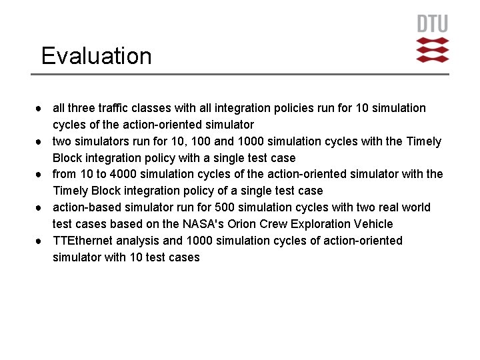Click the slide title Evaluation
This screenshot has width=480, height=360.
[x=96, y=56]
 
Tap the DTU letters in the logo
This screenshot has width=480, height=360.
[x=432, y=24]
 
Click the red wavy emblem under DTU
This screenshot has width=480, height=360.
[x=432, y=50]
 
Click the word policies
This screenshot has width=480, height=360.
[x=282, y=108]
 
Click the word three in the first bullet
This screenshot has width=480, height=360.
[x=80, y=108]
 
